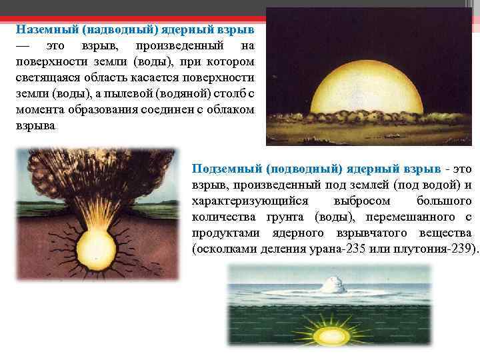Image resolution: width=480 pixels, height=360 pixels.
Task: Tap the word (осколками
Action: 221,249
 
